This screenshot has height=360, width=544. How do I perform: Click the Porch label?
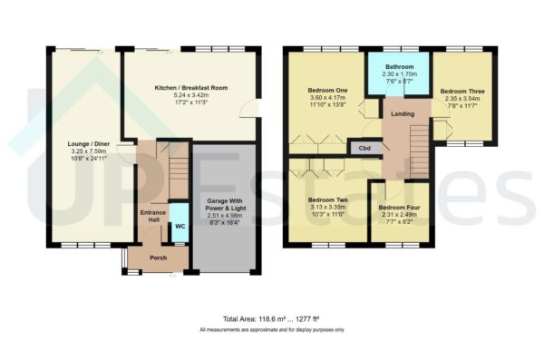(x=158, y=257)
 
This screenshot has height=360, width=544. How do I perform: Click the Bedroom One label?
(x=327, y=91)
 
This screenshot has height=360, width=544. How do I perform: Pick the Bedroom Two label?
(x=327, y=200)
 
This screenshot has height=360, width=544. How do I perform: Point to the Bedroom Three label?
(x=462, y=92)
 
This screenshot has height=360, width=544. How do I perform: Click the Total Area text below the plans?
(x=271, y=320)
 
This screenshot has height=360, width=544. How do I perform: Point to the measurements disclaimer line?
(x=271, y=330)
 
